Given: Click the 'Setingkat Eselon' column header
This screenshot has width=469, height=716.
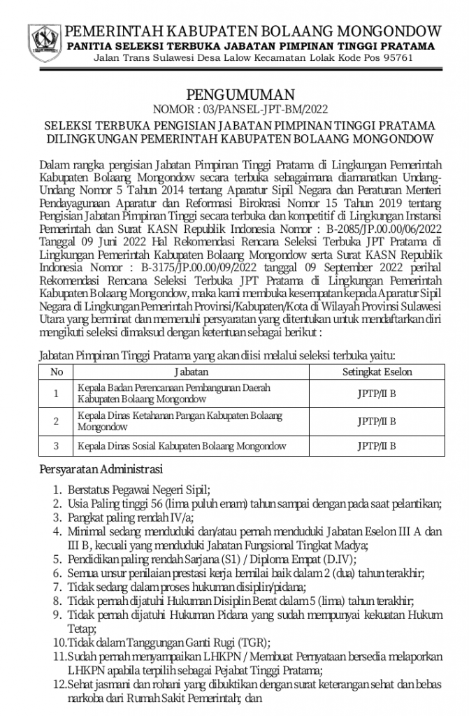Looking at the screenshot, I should (377, 372).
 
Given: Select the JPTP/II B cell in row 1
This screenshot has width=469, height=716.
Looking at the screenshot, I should (377, 393).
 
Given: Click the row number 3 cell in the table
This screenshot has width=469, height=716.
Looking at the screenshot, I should (57, 445).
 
